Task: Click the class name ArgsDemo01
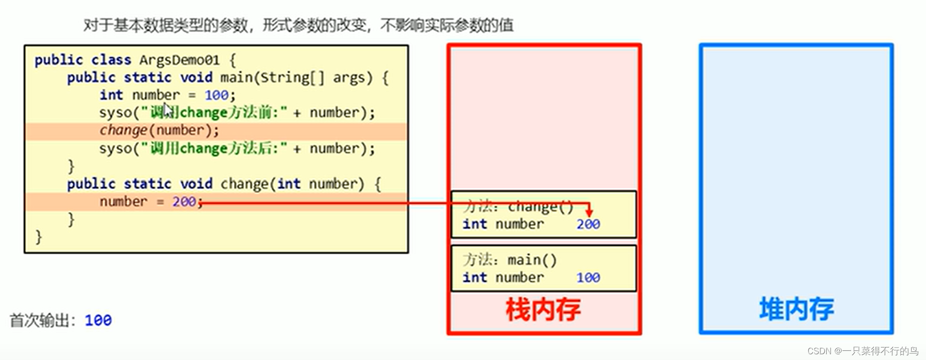[179, 60]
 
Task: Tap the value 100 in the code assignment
[216, 95]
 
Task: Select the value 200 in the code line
[184, 202]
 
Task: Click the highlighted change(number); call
[159, 131]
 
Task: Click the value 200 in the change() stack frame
[588, 224]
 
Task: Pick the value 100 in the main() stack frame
[588, 277]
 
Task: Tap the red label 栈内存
[543, 310]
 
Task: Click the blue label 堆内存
[796, 309]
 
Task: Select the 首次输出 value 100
[98, 320]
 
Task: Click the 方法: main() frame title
[510, 260]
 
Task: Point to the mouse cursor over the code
[167, 110]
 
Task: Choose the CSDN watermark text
[862, 351]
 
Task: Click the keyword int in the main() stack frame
[475, 277]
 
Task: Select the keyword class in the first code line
[111, 60]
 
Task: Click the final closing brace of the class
[38, 237]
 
